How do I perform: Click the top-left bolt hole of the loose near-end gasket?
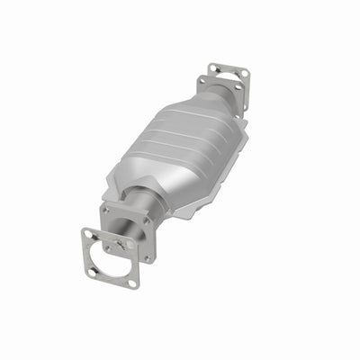click(87, 235)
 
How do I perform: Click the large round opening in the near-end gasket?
click(110, 259)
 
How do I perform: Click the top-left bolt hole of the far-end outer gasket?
click(213, 68)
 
